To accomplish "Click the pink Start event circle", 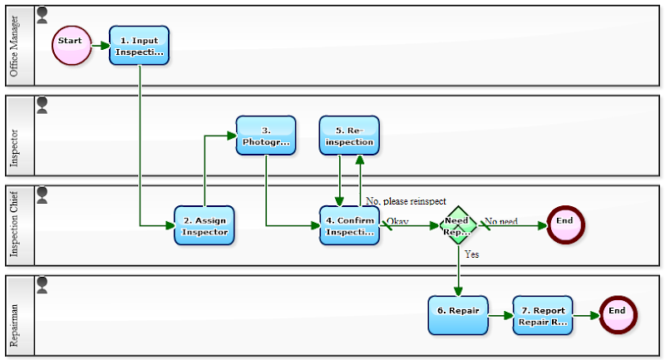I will pyautogui.click(x=71, y=45).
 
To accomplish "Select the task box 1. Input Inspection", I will pyautogui.click(x=139, y=45).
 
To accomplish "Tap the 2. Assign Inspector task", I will pyautogui.click(x=204, y=225).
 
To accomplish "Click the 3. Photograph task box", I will pyautogui.click(x=266, y=136).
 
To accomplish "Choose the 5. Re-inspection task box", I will pyautogui.click(x=349, y=136).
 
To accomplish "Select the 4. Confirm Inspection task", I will pyautogui.click(x=349, y=225).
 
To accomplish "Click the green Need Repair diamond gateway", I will pyautogui.click(x=458, y=225).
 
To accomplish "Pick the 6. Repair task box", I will pyautogui.click(x=458, y=315).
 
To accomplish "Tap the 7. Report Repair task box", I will pyautogui.click(x=543, y=315).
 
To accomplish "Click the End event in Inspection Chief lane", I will pyautogui.click(x=565, y=223).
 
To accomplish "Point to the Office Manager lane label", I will pyautogui.click(x=14, y=46).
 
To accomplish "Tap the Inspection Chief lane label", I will pyautogui.click(x=14, y=224).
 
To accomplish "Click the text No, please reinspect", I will pyautogui.click(x=406, y=201).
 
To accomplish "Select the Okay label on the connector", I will pyautogui.click(x=397, y=221).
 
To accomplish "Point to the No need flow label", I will pyautogui.click(x=501, y=221).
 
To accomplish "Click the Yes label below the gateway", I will pyautogui.click(x=471, y=254).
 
